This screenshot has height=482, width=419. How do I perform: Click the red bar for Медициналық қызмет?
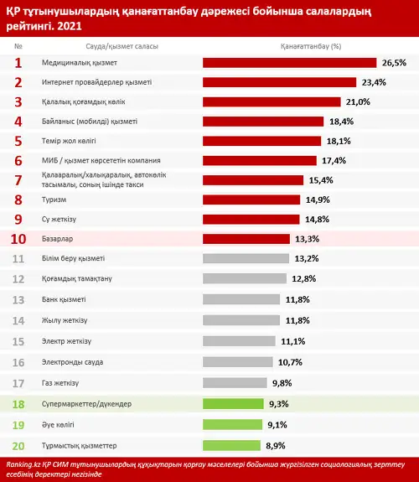[x=290, y=63]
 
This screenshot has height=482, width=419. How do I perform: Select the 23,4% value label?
[x=374, y=82]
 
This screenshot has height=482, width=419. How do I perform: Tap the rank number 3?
[x=18, y=102]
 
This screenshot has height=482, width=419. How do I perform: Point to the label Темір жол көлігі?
[x=69, y=141]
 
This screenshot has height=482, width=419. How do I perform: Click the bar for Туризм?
[x=251, y=200]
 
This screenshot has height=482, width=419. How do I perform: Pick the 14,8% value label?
[x=318, y=220]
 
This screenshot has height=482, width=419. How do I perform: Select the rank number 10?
[x=18, y=239]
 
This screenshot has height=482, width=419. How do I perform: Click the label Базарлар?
[x=58, y=239]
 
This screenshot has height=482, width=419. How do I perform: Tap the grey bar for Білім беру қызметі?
[x=246, y=258]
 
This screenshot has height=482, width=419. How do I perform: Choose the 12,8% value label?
[x=304, y=279]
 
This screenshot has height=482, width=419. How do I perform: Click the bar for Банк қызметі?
[x=241, y=299]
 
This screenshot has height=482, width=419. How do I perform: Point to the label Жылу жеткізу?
[x=65, y=320]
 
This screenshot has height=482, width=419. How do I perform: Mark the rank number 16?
[x=18, y=363]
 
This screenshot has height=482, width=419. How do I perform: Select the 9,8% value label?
[x=282, y=383]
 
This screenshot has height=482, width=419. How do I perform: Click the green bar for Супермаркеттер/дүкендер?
[x=233, y=404]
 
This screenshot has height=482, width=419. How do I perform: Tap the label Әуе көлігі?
[x=58, y=425]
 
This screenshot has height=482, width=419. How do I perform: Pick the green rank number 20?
[x=18, y=446]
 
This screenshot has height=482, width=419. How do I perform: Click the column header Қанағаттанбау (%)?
[x=311, y=46]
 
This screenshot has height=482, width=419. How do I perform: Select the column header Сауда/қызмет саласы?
[x=122, y=46]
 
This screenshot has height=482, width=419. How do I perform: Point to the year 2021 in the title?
[x=70, y=26]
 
